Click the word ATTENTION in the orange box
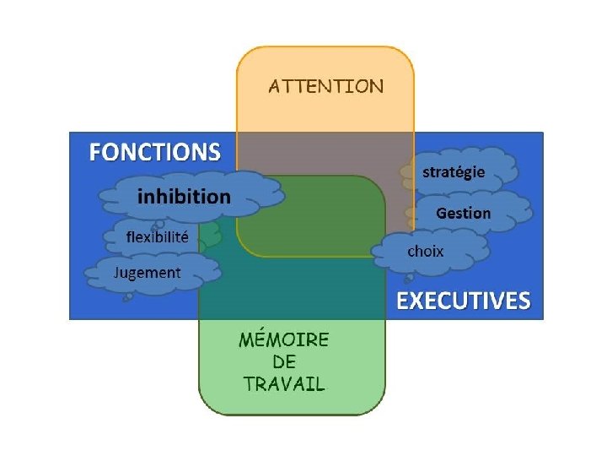point(325,86)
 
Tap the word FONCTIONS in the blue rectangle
point(155,153)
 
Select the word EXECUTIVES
point(464,301)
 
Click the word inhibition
point(184,197)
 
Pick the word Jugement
point(148,272)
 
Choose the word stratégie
point(454,172)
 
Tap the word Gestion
point(463,213)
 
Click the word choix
point(426,251)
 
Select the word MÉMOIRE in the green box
point(284,340)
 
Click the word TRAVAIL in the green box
point(284,383)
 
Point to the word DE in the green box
point(284,361)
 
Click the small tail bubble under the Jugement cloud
point(127,296)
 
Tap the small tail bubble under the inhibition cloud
point(157,225)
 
